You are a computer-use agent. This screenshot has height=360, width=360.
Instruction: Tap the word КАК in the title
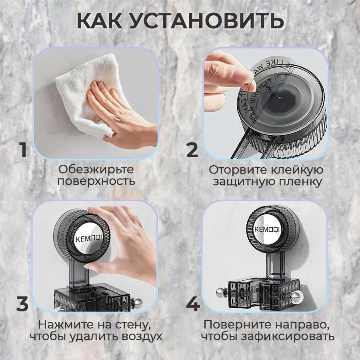point(100,21)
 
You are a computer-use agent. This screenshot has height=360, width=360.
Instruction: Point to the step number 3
point(23,304)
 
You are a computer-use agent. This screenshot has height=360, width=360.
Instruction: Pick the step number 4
point(193,304)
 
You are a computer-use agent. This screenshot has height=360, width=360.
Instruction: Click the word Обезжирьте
point(96,170)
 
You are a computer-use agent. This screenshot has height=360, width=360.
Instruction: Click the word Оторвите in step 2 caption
point(235,170)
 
